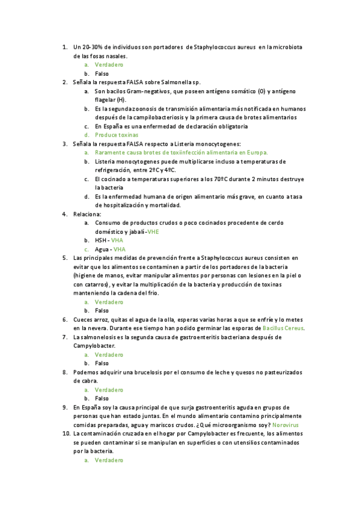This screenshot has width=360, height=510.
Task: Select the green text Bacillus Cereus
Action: point(284,328)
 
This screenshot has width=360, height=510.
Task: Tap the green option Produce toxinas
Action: point(117,135)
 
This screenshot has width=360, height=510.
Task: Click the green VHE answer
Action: point(153,232)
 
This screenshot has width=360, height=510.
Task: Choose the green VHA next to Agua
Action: point(120,249)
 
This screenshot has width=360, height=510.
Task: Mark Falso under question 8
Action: point(102,398)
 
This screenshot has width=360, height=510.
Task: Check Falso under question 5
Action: point(102,310)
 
